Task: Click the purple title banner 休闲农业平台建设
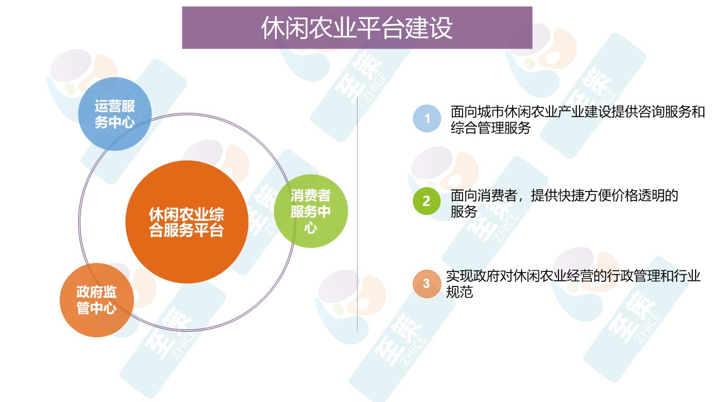coord(357,28)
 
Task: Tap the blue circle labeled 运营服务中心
coord(115,114)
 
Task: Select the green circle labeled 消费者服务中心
coord(311,211)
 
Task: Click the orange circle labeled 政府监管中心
coord(97,300)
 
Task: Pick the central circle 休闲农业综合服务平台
coord(187,222)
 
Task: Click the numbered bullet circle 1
coord(427,118)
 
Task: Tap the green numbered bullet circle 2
coord(427,201)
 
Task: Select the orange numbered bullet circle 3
coord(427,284)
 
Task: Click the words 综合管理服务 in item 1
coord(490,128)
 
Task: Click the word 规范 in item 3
coord(459,291)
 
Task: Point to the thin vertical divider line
coord(357,214)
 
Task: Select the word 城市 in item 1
coord(491,112)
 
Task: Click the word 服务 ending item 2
coord(464,212)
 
